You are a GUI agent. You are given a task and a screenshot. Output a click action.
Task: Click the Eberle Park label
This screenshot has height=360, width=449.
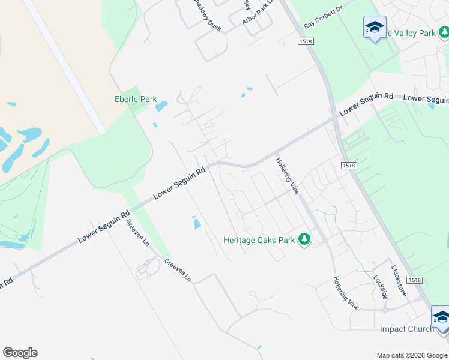tap(136, 99)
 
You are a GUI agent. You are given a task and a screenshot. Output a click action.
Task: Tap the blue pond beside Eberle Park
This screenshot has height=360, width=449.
tap(161, 107)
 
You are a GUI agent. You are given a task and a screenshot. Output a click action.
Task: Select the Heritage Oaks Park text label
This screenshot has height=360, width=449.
tap(259, 240)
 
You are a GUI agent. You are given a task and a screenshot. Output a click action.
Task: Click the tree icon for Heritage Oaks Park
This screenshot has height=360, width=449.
tap(304, 239)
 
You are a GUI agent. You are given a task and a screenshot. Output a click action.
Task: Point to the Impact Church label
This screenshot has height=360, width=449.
tap(406, 329)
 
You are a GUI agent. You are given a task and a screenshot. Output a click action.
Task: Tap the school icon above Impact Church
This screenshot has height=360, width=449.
tap(441, 317)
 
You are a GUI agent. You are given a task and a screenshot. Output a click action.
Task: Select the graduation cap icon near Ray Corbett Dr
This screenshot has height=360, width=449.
tap(375, 27)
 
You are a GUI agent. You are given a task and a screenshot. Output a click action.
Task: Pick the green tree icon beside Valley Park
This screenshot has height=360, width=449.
tap(444, 33)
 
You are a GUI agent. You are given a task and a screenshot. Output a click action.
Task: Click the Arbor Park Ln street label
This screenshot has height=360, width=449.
tap(258, 12)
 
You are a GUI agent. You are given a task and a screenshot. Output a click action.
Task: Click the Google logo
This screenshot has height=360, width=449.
tap(20, 353)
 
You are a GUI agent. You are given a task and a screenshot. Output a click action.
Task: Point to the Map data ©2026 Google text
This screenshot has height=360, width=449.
tap(412, 355)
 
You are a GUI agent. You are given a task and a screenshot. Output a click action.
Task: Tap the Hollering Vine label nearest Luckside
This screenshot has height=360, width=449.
tap(346, 293)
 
